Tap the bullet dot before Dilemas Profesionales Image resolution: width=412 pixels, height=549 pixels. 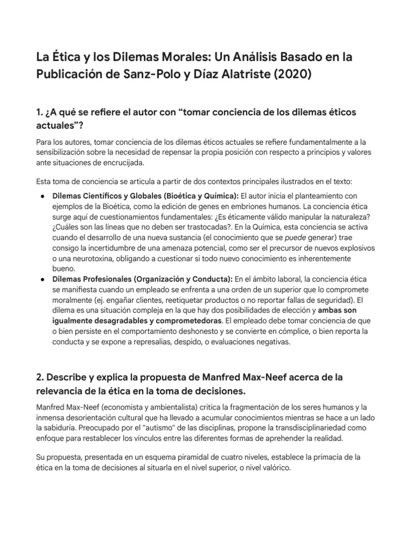click(42, 279)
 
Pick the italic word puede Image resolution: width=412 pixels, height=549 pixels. click(288, 237)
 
